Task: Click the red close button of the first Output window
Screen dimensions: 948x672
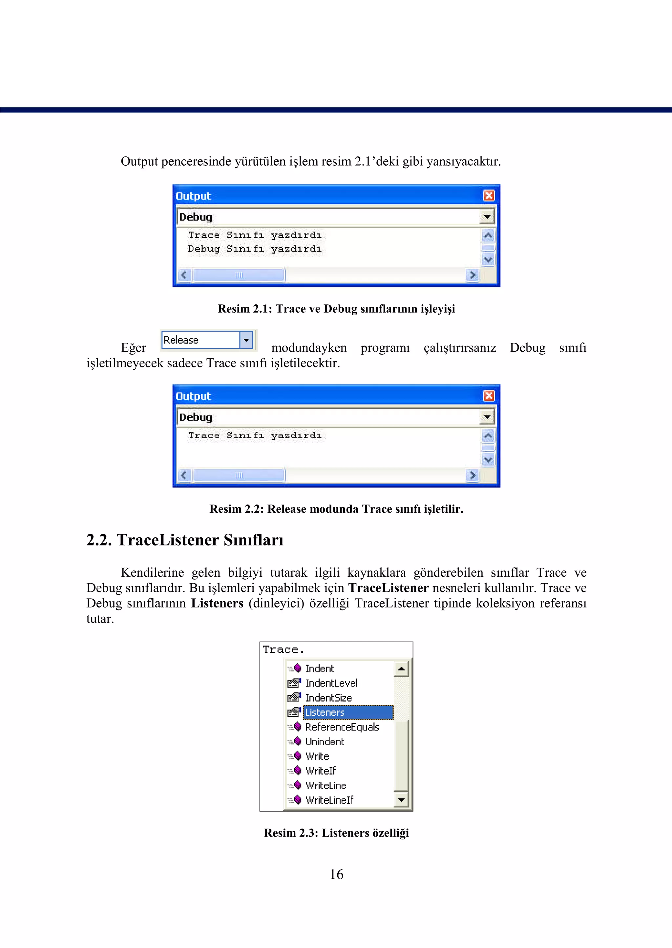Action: point(489,196)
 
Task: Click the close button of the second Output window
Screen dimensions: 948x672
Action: point(489,396)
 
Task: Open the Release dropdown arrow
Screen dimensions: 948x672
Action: point(246,340)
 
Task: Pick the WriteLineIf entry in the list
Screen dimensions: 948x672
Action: point(329,800)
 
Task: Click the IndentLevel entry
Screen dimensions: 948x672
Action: point(331,683)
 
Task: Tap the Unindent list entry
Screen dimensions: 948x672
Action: point(325,742)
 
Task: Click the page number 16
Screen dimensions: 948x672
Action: point(336,874)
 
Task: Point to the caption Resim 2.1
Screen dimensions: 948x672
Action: point(336,309)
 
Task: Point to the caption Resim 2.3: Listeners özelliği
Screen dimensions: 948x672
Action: point(336,833)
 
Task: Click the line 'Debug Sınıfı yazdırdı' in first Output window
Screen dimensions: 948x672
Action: point(255,249)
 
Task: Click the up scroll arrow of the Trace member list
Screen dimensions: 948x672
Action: point(401,669)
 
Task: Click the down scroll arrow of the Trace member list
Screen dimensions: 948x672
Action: point(401,800)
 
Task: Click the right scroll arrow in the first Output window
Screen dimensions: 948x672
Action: point(472,275)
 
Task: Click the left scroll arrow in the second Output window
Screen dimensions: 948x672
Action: point(184,475)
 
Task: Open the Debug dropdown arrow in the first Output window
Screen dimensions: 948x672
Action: point(487,217)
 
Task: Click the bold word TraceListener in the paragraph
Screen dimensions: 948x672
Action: point(388,588)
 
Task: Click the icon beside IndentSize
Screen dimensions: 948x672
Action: point(294,698)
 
